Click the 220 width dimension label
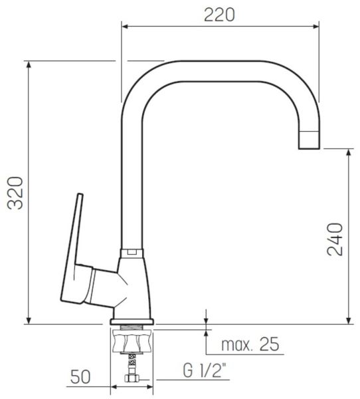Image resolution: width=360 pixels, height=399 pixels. tap(219, 15)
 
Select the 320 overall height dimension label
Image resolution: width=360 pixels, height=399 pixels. tap(15, 193)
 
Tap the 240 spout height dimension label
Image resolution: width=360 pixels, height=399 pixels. tap(335, 239)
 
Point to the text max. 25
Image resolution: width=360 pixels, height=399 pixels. tap(250, 344)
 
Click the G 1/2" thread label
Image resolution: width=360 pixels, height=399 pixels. tap(204, 370)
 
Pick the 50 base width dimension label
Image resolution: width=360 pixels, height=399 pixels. tap(80, 377)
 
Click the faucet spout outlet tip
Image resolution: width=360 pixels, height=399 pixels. tap(309, 148)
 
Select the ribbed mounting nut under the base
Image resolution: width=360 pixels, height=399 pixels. tap(132, 341)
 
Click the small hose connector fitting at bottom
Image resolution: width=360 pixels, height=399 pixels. tap(132, 378)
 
